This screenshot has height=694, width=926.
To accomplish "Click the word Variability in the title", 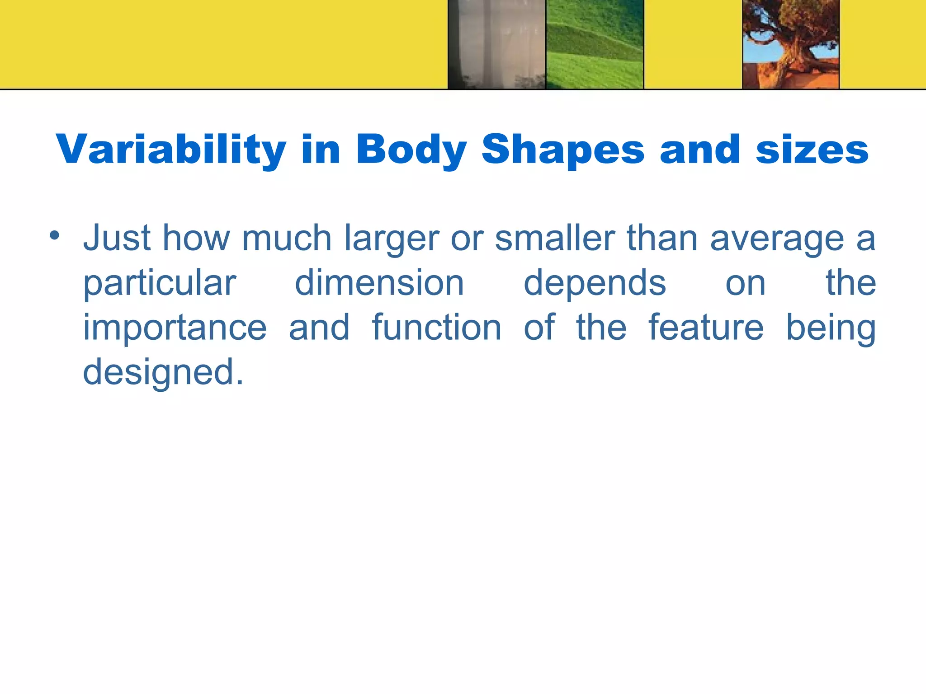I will coord(171,150).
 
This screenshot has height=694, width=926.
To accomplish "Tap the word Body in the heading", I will coord(411,150).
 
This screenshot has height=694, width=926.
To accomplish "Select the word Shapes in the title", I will coord(563,150).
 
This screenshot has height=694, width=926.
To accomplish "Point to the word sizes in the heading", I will coord(812,150).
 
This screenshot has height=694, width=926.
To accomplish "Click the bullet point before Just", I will coord(55,235).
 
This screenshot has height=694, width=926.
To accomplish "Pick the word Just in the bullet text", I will coord(117,238).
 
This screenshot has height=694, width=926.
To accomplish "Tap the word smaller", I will coord(555,238).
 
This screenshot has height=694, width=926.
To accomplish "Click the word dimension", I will coord(379,283).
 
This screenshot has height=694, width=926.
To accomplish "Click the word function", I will coord(436,328).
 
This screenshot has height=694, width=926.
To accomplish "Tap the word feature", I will coord(706,328).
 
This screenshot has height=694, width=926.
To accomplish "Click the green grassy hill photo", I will coord(595,44).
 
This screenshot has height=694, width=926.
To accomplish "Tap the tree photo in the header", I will coord(791,44).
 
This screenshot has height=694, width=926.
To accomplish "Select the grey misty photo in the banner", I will coord(496,44).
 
